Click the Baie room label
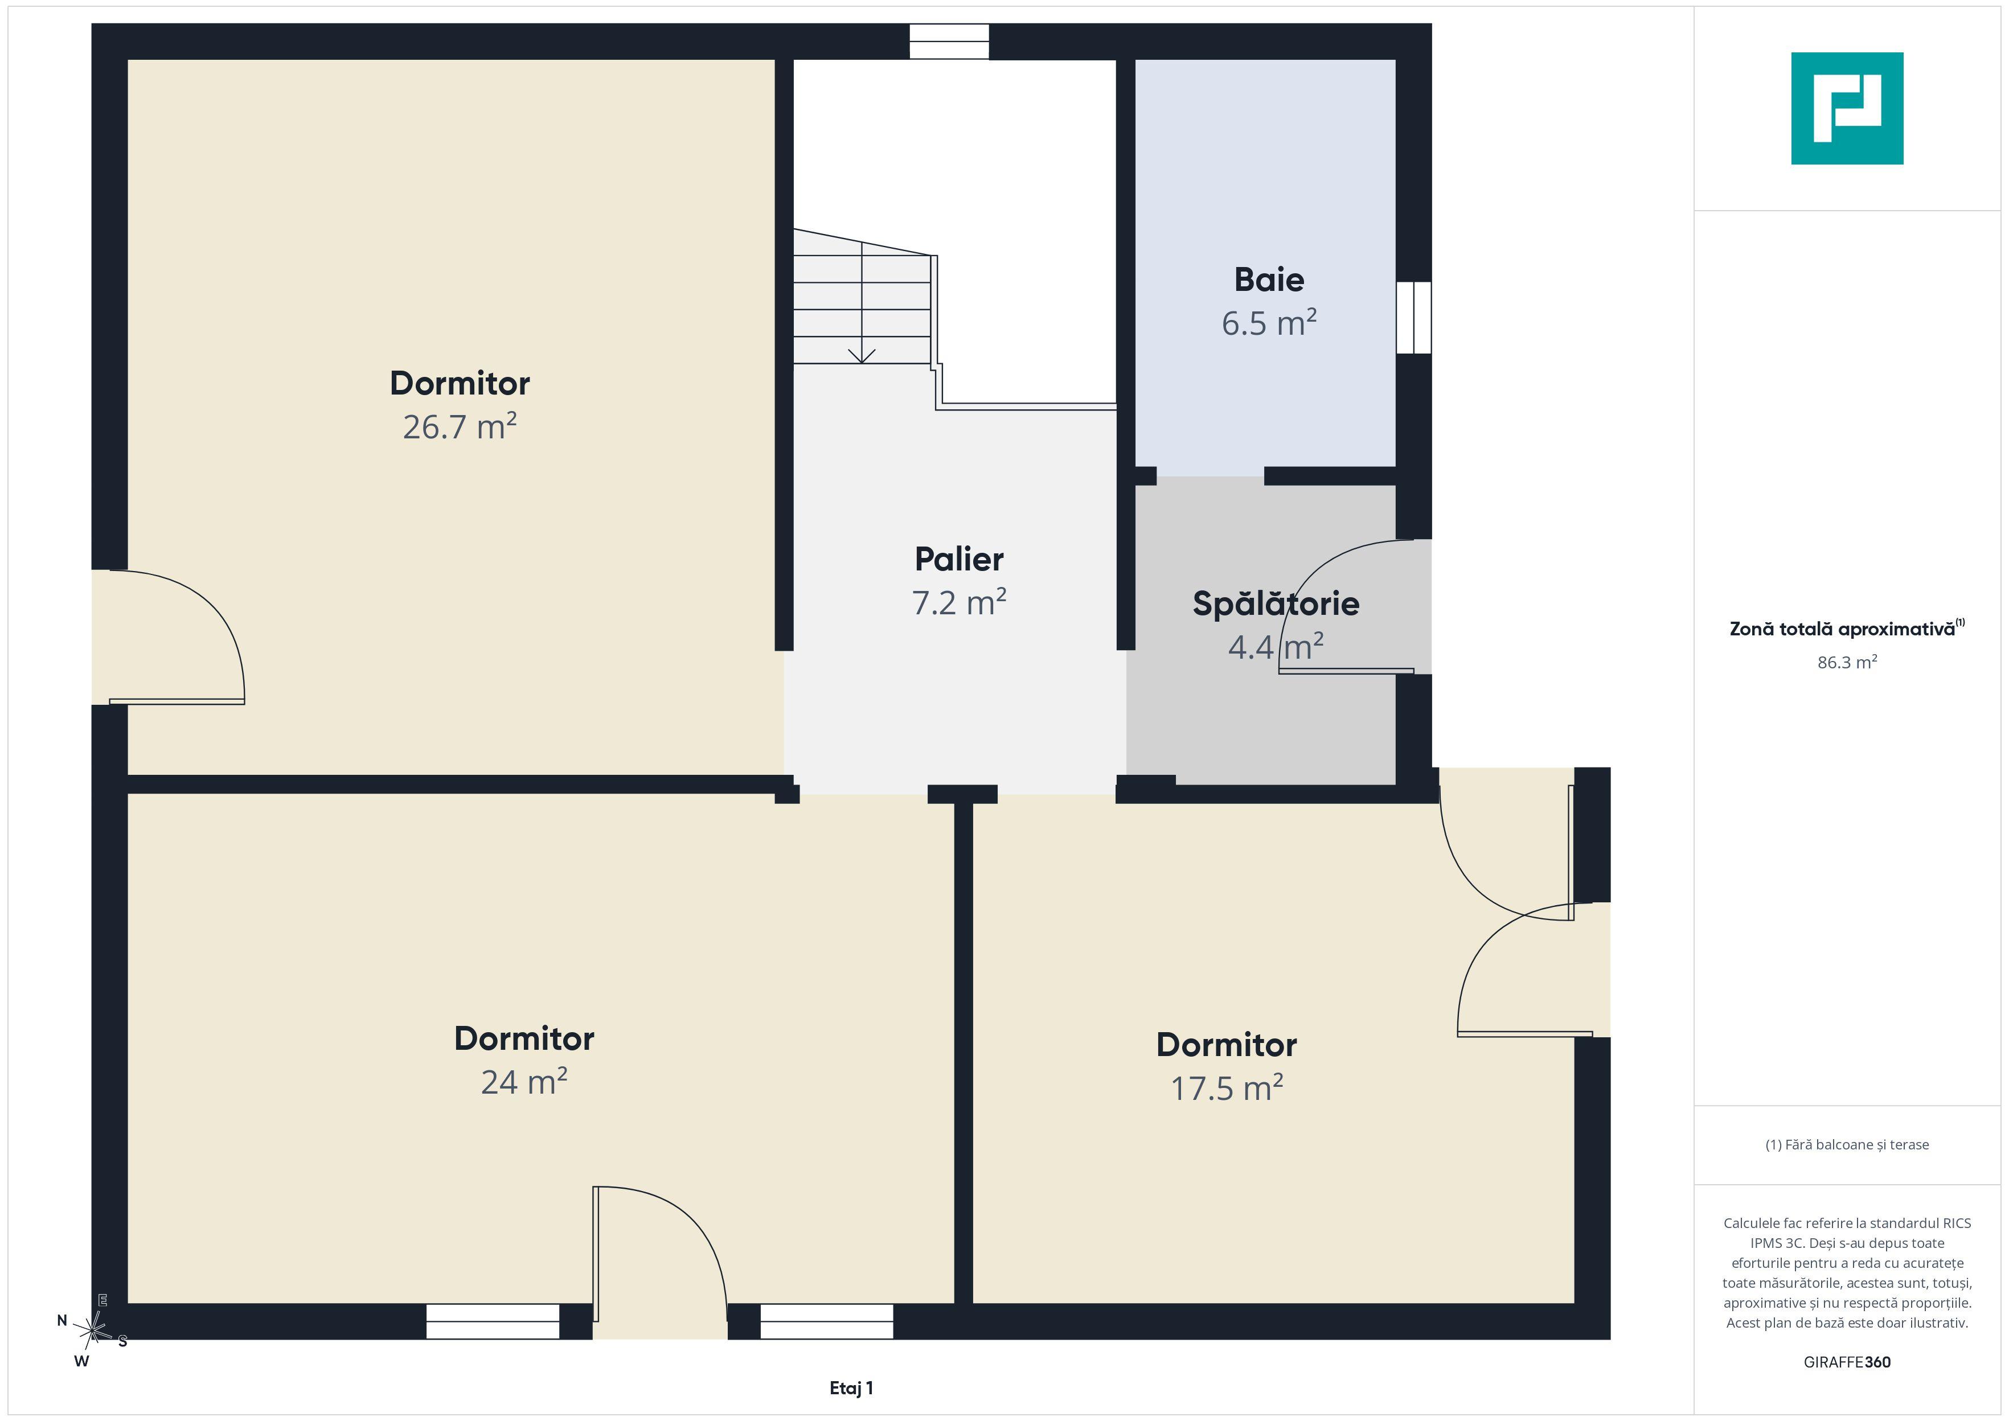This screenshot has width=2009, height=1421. (1269, 280)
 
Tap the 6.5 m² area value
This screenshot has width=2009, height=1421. (1269, 323)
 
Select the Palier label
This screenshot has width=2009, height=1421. (959, 559)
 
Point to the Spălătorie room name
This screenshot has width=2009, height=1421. (1276, 603)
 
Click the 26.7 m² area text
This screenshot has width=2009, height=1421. (460, 426)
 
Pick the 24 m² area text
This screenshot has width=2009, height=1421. (524, 1082)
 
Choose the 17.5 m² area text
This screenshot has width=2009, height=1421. (1227, 1087)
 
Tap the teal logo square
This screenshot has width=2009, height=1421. (1847, 109)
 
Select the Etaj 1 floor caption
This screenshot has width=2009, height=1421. (851, 1388)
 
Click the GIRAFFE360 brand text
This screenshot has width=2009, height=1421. (1847, 1361)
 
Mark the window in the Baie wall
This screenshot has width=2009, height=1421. (1414, 318)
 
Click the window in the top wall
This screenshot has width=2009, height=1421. (949, 41)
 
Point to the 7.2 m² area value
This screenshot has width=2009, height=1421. (959, 602)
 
